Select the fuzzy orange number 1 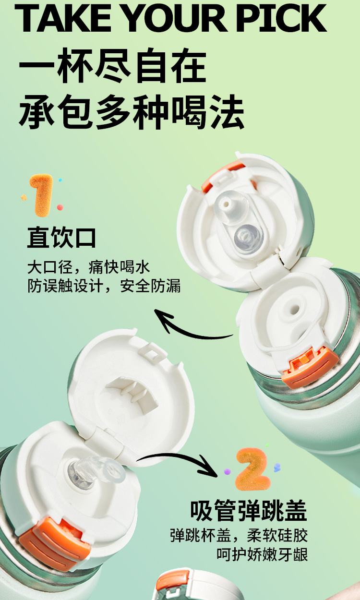click(x=42, y=195)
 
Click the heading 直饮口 click(x=61, y=237)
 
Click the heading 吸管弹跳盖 click(x=249, y=510)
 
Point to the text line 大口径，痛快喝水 click(x=88, y=267)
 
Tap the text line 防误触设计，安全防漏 click(x=104, y=286)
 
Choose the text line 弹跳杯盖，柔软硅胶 click(x=239, y=536)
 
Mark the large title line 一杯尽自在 click(x=112, y=65)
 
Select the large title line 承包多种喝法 click(x=131, y=112)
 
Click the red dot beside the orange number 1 click(x=60, y=207)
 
